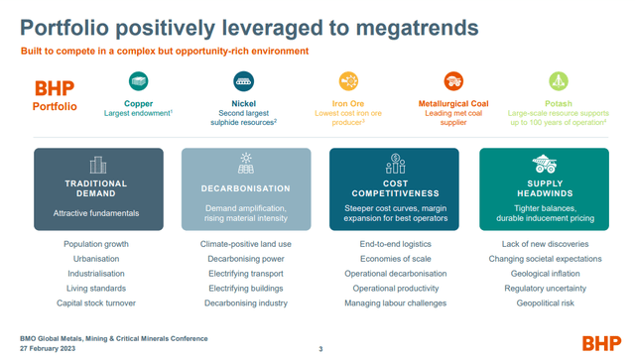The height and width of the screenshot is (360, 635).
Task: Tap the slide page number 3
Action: click(320, 348)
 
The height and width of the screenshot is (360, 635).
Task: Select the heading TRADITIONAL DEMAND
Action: click(96, 188)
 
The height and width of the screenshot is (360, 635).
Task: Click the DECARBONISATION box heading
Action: click(245, 188)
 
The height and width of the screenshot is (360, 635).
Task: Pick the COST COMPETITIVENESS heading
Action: click(394, 188)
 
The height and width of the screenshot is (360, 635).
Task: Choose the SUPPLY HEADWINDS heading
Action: click(544, 188)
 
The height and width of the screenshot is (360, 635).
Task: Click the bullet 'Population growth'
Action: click(96, 244)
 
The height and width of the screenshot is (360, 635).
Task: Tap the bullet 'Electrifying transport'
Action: click(245, 274)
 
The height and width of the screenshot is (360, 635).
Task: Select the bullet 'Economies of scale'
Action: click(394, 259)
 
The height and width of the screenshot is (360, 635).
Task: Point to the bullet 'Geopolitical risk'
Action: click(544, 303)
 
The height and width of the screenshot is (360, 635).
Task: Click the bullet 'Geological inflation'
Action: click(544, 274)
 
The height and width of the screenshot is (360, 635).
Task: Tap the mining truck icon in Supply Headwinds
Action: click(544, 164)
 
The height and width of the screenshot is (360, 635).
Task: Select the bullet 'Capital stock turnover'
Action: click(96, 303)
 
